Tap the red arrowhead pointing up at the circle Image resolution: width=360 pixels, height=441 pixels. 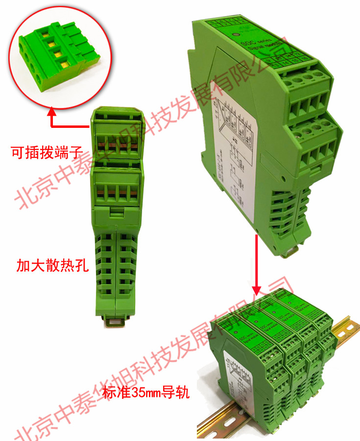(52, 114)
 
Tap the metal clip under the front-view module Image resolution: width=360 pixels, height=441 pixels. (116, 322)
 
